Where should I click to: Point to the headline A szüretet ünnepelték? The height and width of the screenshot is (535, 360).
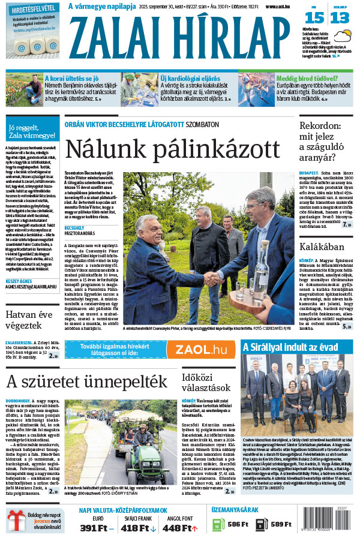point(86,382)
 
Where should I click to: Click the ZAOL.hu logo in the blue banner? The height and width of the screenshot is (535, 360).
point(200,350)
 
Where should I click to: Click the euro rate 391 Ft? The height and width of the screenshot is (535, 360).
point(97,527)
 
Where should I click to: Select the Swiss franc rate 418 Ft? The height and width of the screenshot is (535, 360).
point(137,527)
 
